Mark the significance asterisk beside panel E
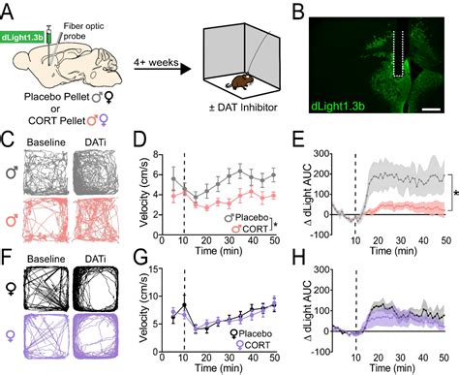[453, 195]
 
